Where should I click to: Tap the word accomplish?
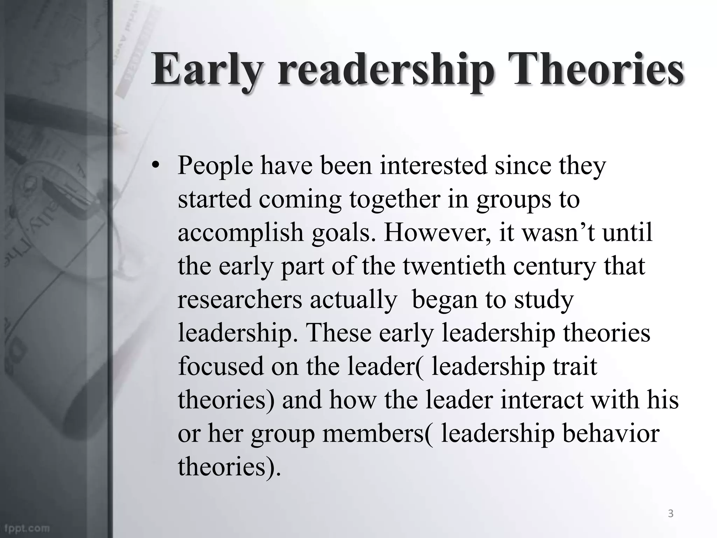(x=241, y=233)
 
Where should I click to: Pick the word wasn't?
(x=558, y=233)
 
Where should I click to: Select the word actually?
(x=353, y=300)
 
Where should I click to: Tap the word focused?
(x=221, y=366)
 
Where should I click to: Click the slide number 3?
(x=670, y=514)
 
